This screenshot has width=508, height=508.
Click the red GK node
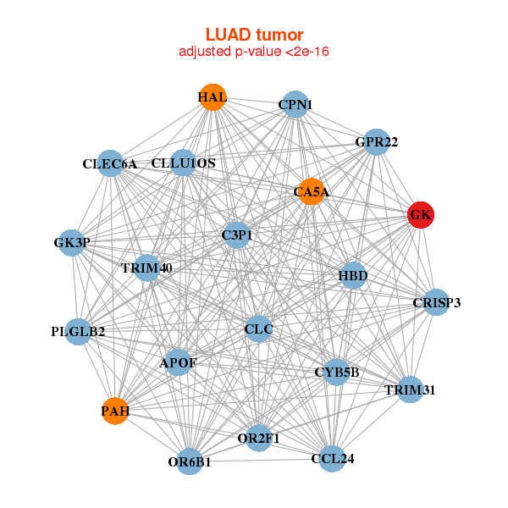pos(421,215)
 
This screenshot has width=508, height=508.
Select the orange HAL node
pos(213,97)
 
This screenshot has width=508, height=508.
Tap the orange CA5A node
pos(312,191)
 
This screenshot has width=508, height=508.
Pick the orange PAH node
pos(115,411)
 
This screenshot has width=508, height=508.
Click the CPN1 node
pos(295,104)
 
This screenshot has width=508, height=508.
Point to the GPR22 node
pos(376,141)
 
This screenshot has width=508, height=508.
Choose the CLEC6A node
pos(111,163)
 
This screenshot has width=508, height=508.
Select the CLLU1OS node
pos(184,163)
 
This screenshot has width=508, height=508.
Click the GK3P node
pos(71,243)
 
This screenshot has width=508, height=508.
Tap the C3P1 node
pos(238,235)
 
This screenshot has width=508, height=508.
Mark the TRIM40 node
pos(147,268)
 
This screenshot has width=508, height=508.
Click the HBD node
pos(352,276)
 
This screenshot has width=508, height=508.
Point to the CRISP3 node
pos(436,302)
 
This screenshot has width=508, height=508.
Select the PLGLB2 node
pos(78,331)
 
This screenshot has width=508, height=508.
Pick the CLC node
pos(258,329)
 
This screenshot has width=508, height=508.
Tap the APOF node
pos(178,363)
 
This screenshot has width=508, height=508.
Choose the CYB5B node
pos(337,372)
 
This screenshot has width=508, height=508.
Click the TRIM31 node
pos(410,389)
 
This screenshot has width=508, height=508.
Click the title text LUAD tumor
pos(254,35)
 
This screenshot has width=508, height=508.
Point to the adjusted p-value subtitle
pos(254,52)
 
